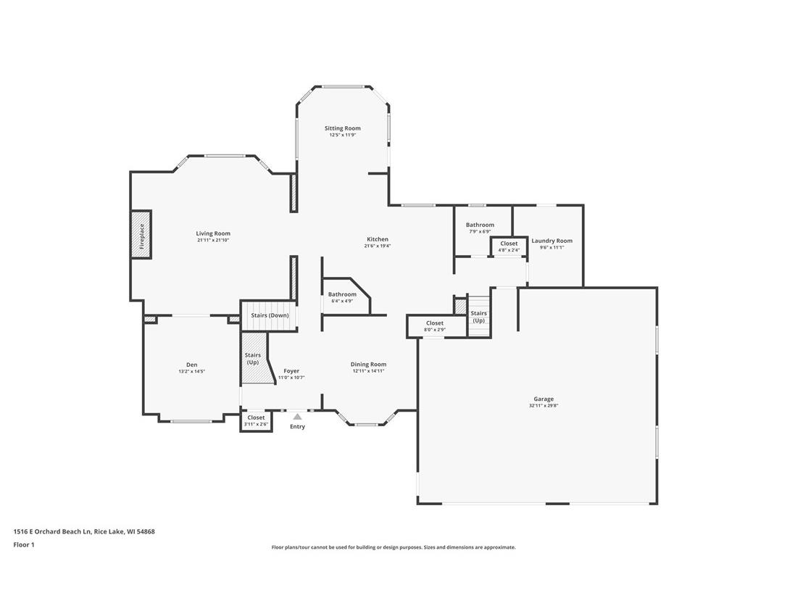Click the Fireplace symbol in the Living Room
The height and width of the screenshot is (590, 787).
click(x=141, y=233)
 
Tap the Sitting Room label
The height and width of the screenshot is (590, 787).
click(x=342, y=128)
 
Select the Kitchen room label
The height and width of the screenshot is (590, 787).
click(x=377, y=239)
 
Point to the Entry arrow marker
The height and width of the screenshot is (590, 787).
click(x=297, y=417)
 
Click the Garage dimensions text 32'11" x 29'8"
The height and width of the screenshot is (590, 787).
click(x=544, y=406)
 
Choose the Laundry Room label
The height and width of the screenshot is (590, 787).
click(x=551, y=241)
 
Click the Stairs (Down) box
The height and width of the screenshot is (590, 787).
click(x=270, y=316)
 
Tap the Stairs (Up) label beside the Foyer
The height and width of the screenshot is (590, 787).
click(x=253, y=358)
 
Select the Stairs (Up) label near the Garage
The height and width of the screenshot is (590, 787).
click(x=478, y=317)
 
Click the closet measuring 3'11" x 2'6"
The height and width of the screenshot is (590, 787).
click(x=256, y=420)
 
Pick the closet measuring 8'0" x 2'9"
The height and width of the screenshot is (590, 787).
click(x=435, y=326)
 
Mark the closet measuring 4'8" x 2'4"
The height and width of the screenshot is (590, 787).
click(x=509, y=246)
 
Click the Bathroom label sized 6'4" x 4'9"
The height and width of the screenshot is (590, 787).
click(x=342, y=294)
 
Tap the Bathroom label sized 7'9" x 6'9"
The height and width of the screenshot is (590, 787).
click(x=480, y=225)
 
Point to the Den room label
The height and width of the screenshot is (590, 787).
click(x=191, y=365)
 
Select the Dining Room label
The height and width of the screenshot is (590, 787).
click(x=368, y=364)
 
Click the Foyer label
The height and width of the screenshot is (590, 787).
click(x=291, y=371)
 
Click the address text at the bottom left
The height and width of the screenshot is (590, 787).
click(x=84, y=531)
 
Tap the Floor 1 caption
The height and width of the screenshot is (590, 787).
click(x=24, y=544)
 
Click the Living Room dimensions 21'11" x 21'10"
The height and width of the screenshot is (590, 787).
click(x=213, y=240)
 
